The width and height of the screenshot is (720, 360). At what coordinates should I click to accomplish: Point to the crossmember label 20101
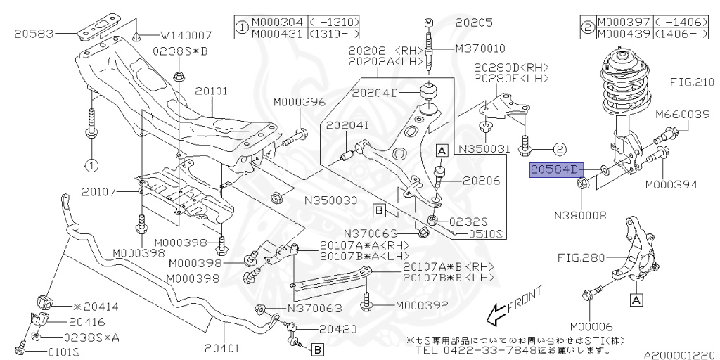[212, 91]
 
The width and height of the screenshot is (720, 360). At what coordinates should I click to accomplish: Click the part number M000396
[300, 102]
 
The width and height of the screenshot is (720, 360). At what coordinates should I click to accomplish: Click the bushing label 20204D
[375, 92]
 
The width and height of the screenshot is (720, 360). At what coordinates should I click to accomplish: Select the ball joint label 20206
[481, 181]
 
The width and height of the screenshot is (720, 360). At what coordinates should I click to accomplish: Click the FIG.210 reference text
[691, 82]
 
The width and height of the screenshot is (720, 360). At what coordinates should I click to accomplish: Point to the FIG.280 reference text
[581, 257]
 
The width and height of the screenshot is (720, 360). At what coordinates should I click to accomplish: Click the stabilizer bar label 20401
[222, 347]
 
